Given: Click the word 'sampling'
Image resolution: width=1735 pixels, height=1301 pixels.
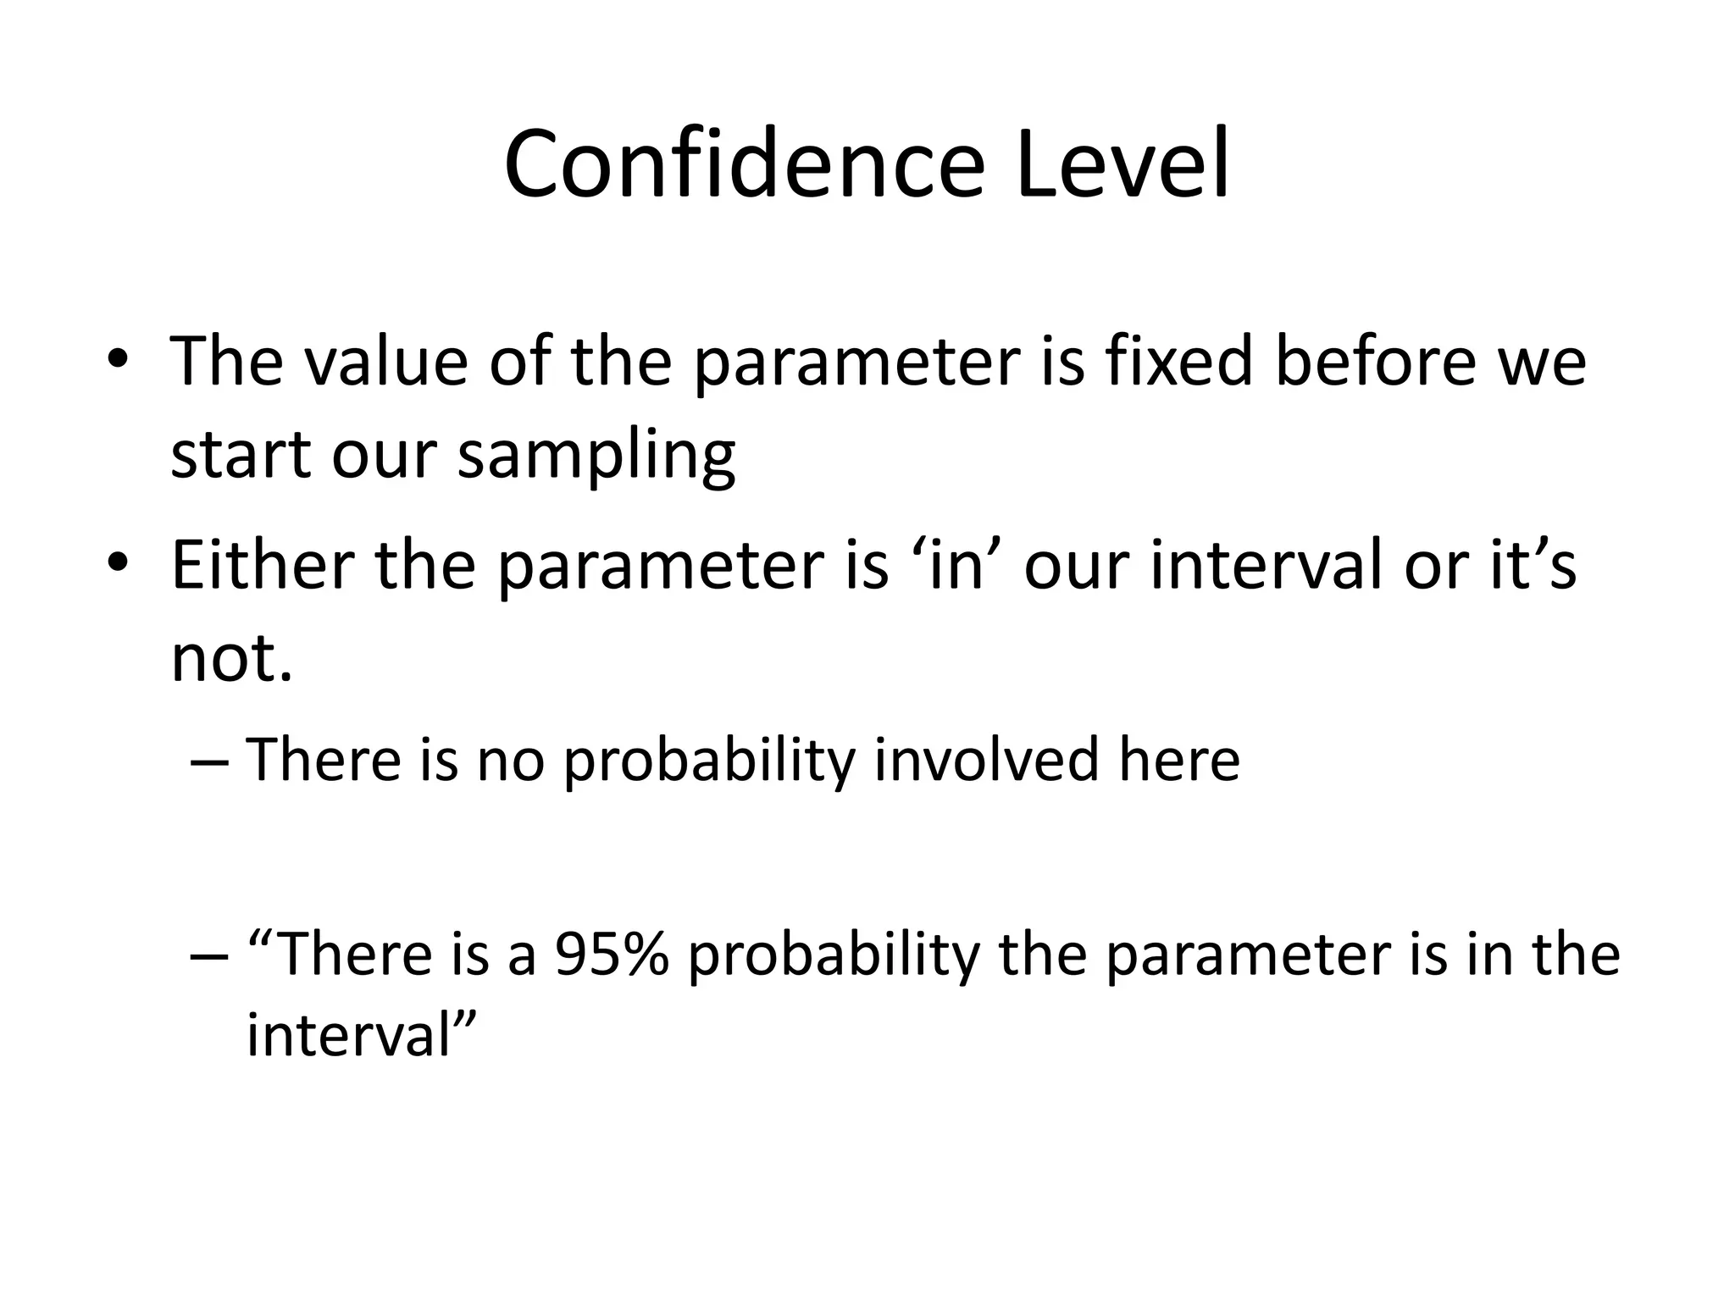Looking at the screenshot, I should pyautogui.click(x=596, y=456).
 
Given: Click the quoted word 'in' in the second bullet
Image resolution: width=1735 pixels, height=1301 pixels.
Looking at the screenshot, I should pyautogui.click(x=956, y=566).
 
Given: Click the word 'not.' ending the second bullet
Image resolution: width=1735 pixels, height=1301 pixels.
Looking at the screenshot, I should pyautogui.click(x=231, y=659).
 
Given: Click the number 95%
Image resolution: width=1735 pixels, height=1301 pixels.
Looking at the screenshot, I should pyautogui.click(x=611, y=955).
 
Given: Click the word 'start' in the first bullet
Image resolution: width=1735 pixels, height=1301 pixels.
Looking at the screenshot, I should pyautogui.click(x=241, y=456).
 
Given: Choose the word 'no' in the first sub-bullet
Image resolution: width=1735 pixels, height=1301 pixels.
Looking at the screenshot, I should pyautogui.click(x=509, y=760).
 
